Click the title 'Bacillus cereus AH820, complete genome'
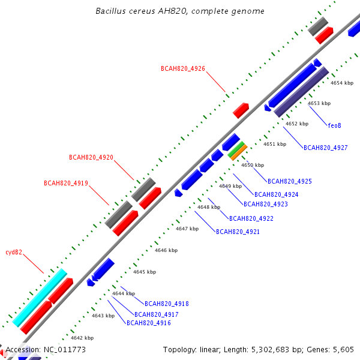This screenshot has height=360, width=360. [x=180, y=11]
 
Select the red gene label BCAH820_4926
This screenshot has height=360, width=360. [x=183, y=68]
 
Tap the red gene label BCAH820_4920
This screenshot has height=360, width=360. [x=91, y=157]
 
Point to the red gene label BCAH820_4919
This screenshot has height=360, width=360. [x=66, y=183]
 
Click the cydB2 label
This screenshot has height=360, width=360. [x=14, y=253]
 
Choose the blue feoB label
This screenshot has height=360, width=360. [x=335, y=125]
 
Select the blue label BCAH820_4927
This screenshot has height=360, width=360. [x=326, y=148]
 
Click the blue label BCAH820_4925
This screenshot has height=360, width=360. [x=290, y=181]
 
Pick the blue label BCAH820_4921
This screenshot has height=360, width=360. [x=238, y=232]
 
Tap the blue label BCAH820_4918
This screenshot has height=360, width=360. [x=167, y=304]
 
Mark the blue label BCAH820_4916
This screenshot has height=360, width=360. [x=149, y=323]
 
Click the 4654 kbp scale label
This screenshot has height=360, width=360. [x=342, y=83]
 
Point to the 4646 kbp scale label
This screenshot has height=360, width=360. [x=166, y=250]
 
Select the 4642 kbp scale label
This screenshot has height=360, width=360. [x=82, y=338]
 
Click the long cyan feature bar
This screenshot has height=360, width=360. [x=40, y=298]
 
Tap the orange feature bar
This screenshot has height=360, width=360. [x=239, y=152]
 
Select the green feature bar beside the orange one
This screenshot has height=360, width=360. [x=236, y=149]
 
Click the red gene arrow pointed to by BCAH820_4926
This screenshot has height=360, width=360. [x=241, y=110]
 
